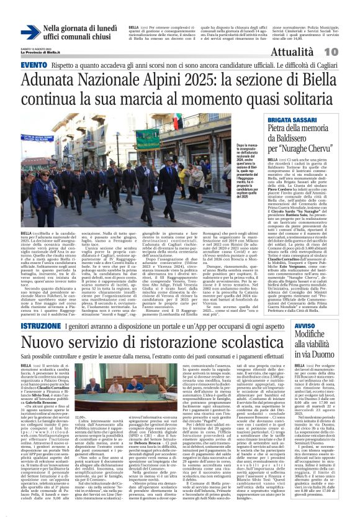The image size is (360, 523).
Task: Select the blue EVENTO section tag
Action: coord(20,66)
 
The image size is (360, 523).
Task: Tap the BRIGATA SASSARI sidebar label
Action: coord(289,120)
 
